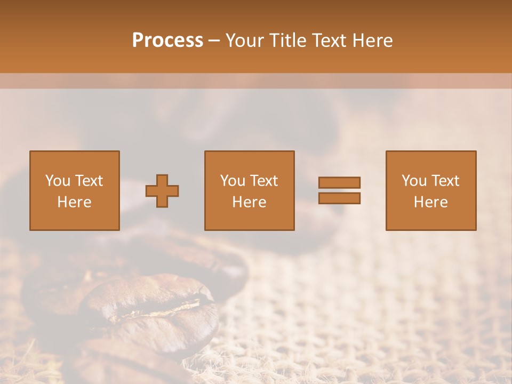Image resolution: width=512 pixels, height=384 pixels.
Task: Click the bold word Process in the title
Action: [167, 41]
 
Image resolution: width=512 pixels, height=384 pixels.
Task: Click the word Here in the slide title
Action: [373, 41]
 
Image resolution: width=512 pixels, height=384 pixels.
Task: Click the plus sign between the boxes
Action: [162, 191]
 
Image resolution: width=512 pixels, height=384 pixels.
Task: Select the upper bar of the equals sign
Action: [339, 182]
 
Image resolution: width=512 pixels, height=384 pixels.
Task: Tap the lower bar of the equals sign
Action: [339, 198]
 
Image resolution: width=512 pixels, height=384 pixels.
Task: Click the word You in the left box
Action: [58, 181]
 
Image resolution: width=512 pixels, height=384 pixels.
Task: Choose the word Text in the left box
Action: [89, 181]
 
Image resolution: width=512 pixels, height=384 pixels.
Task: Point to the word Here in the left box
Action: [74, 202]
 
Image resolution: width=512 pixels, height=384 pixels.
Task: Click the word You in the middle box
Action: [233, 181]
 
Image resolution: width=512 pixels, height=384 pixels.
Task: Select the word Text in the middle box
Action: [263, 181]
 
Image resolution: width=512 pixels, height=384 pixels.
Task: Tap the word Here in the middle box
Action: [249, 202]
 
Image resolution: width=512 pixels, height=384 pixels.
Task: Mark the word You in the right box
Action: [414, 181]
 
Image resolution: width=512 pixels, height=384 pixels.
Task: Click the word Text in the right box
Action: [445, 181]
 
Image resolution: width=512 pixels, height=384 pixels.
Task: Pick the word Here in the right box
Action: [430, 202]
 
